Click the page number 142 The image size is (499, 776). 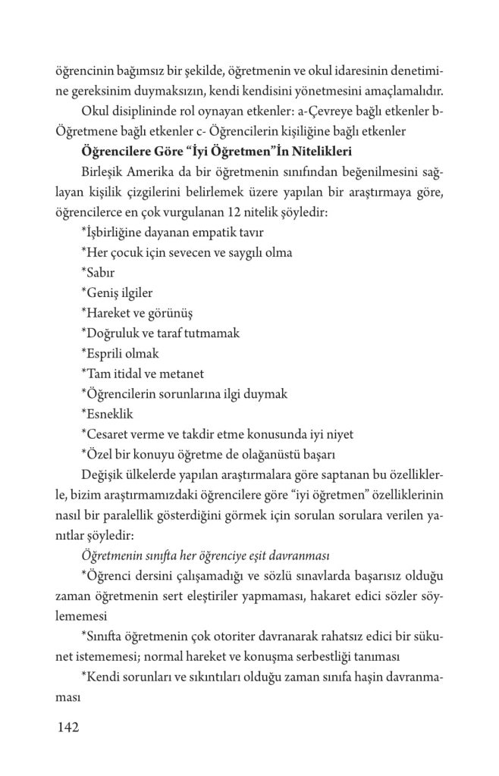68,729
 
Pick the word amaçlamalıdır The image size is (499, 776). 402,92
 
